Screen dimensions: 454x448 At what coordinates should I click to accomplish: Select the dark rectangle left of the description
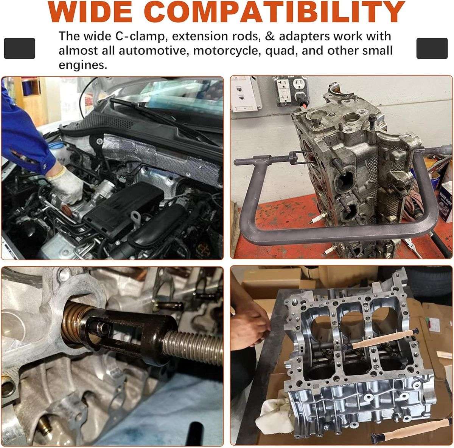tap(20, 48)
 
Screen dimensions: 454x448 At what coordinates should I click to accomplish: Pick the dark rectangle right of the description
tap(432, 48)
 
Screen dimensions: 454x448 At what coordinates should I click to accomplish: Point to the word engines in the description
tap(83, 65)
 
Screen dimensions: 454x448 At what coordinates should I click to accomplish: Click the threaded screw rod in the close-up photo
tap(193, 343)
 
